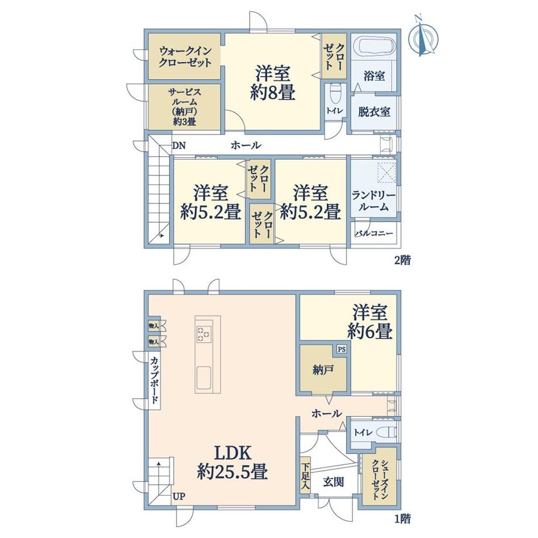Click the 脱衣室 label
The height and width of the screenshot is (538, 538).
(374, 112)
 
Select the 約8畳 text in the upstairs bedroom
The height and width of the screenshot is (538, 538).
(273, 92)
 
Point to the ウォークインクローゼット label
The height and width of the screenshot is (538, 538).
(185, 57)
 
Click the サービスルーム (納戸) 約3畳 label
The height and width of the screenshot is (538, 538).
(185, 106)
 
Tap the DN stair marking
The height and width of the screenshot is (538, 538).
(179, 146)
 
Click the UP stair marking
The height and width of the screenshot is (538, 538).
(179, 496)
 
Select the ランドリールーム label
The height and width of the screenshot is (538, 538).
(374, 201)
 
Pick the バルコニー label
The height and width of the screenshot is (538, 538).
(374, 233)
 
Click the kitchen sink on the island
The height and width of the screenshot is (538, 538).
(204, 377)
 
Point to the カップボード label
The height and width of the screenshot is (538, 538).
(155, 380)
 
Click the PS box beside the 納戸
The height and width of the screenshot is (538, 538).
(342, 349)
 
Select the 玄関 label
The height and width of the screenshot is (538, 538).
(333, 482)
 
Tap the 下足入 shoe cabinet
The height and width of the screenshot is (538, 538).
(305, 475)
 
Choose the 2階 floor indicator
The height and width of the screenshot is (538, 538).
(402, 260)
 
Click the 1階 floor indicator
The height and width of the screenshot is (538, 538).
(402, 519)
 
